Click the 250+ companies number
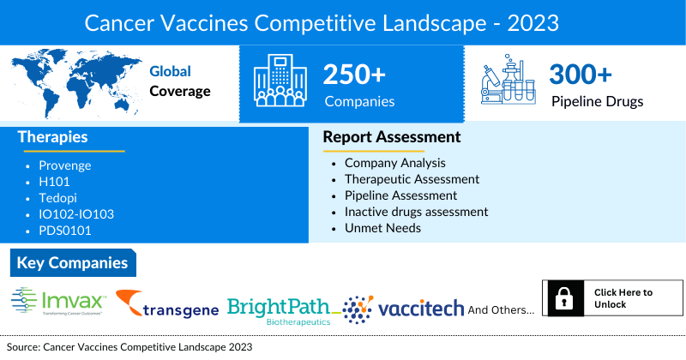[x=354, y=75]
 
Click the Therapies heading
[x=52, y=137]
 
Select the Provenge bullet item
[x=64, y=165]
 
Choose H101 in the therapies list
[x=54, y=182]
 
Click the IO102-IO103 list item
[x=76, y=214]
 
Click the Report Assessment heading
[x=391, y=137]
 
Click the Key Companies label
[x=72, y=263]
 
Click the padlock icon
[x=564, y=299]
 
